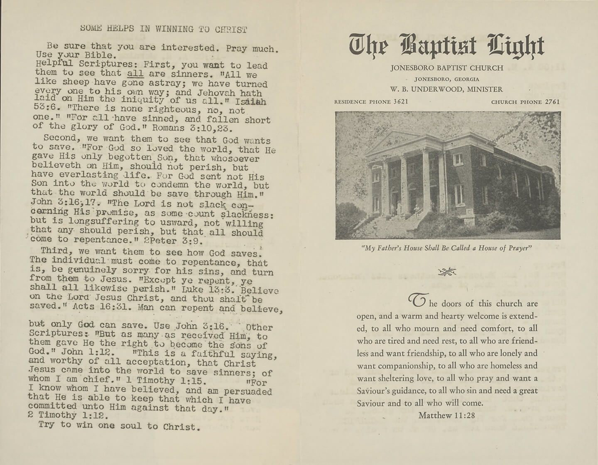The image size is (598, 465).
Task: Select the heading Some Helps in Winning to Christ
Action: (164, 29)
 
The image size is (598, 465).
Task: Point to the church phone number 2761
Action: (553, 101)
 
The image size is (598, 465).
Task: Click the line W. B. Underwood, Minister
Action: (446, 89)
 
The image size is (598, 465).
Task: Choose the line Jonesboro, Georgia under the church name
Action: (446, 79)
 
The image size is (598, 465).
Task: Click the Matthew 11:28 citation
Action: (446, 415)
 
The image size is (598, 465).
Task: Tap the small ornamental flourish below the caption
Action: (447, 272)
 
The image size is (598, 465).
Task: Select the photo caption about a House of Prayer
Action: (447, 248)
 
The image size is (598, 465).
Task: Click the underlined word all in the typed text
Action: (135, 74)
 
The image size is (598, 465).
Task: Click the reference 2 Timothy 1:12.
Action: (69, 415)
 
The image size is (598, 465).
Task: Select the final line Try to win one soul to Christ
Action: (119, 425)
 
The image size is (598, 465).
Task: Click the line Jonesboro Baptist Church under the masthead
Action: (446, 68)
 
